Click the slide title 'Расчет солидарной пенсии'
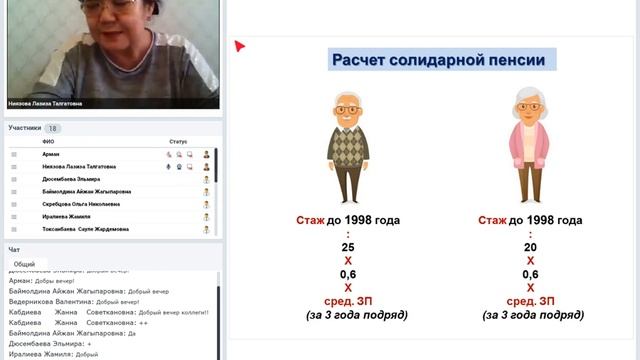tap(442, 60)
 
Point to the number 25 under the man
tap(347, 247)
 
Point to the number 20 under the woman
tap(530, 247)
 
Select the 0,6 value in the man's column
tap(347, 274)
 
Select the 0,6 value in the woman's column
tap(530, 274)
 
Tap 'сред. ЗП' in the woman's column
tap(530, 301)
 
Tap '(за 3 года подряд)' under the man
tap(356, 315)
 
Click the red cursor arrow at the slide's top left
tap(240, 45)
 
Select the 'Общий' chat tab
tap(25, 264)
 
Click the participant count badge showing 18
tap(53, 128)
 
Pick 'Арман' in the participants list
tap(50, 155)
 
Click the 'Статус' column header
tap(178, 142)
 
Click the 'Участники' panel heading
tap(24, 128)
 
